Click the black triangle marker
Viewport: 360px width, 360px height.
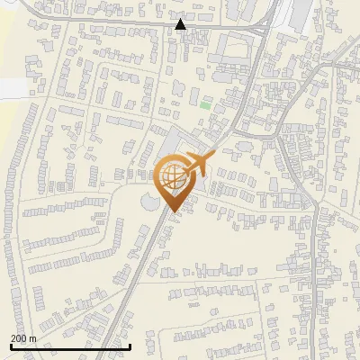pos(181,24)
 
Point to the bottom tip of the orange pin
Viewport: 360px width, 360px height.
pos(172,212)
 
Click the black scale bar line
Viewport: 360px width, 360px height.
pos(70,346)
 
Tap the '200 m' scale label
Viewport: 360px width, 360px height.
pos(23,338)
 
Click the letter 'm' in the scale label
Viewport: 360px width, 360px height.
pos(32,338)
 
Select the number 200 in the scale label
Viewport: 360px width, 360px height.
pos(19,338)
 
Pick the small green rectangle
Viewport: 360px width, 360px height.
pos(205,105)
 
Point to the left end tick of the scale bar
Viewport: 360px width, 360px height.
pos(10,346)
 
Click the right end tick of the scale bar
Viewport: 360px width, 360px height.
pos(130,346)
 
